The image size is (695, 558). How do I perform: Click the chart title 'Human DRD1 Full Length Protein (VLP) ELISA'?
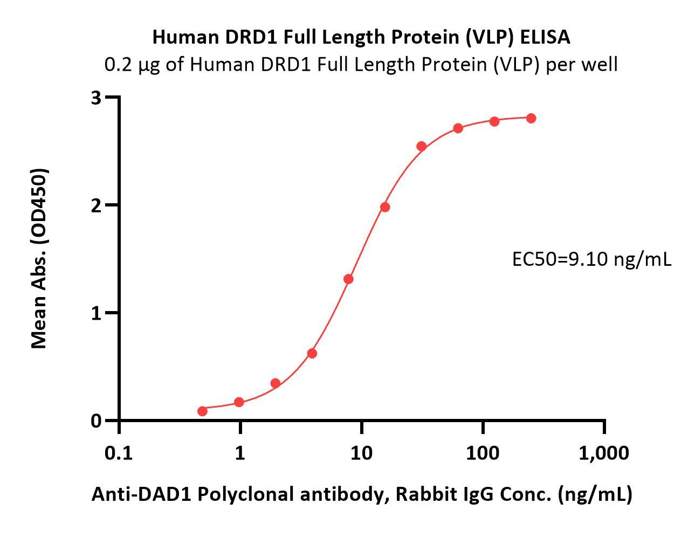[x=361, y=37]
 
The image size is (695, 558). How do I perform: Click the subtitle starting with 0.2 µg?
[x=361, y=65]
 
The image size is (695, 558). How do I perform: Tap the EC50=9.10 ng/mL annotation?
[x=591, y=259]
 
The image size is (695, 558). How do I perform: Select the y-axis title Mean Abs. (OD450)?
[x=39, y=258]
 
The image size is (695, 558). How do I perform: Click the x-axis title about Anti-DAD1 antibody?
[x=361, y=494]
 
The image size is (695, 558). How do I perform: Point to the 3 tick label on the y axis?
[x=97, y=98]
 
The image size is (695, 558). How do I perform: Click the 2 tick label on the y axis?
[x=97, y=205]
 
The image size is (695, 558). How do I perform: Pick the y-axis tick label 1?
[x=97, y=313]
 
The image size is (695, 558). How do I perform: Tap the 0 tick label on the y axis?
[x=97, y=421]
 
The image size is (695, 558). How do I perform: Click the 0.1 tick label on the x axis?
[x=119, y=453]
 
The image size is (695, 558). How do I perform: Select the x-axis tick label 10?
[x=361, y=453]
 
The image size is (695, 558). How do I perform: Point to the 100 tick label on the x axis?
[x=483, y=453]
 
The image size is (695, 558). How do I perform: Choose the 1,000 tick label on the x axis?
[x=603, y=453]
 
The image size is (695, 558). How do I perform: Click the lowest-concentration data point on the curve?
[x=202, y=411]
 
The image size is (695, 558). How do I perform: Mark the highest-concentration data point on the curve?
[x=531, y=118]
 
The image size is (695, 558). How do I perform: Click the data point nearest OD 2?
[x=384, y=207]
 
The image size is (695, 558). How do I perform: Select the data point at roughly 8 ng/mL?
[x=348, y=279]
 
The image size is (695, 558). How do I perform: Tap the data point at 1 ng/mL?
[x=239, y=402]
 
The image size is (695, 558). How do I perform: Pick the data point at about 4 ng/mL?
[x=312, y=353]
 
